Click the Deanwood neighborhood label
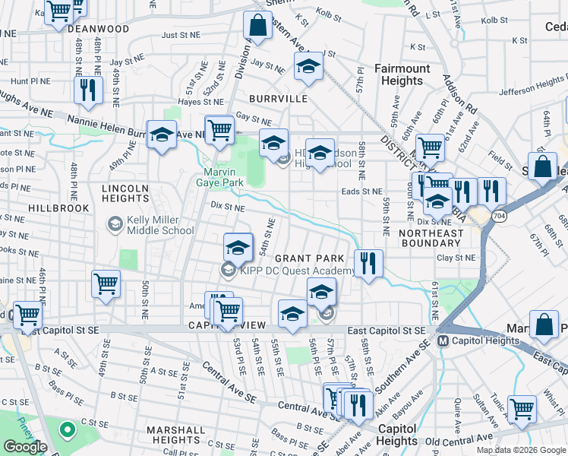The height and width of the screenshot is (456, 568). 98,29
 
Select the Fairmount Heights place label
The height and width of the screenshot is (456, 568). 402,74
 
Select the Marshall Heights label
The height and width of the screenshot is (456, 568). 175,435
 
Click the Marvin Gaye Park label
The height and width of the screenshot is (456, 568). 222,177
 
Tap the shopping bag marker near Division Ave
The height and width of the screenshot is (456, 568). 257,25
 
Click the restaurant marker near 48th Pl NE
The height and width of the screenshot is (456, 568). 88,90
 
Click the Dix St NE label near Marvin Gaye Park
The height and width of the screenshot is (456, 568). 228,206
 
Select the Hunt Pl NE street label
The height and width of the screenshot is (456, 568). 30,81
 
